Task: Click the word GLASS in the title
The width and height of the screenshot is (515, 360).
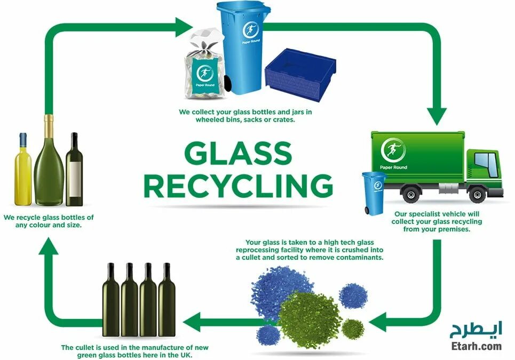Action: [x=238, y=154]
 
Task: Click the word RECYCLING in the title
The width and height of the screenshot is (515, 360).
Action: [x=238, y=186]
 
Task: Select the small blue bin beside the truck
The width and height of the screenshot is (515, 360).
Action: [x=374, y=193]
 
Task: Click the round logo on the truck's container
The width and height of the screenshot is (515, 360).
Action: [x=393, y=150]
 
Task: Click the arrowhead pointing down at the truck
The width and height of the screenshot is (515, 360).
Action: [x=437, y=115]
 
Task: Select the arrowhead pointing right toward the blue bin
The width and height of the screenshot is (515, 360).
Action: [x=184, y=24]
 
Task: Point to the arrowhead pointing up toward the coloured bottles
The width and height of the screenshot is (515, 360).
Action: [x=49, y=246]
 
